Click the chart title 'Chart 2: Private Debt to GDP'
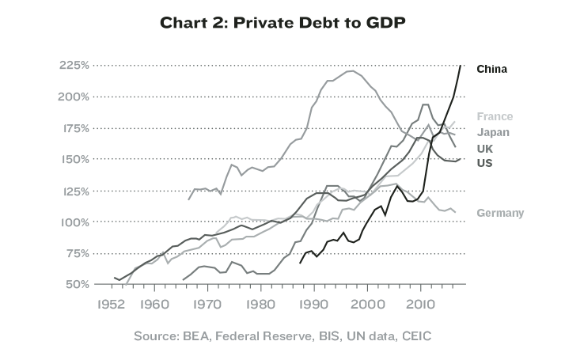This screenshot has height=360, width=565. point(282,23)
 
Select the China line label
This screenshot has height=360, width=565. point(491,69)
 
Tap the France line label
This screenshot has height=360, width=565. point(495,116)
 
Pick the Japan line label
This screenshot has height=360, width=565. point(493,132)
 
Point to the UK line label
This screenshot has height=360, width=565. point(485,149)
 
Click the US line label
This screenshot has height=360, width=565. point(485,163)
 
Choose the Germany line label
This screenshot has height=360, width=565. point(500,213)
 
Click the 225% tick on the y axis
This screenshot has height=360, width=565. point(74,65)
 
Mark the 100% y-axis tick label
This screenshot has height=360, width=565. point(74,222)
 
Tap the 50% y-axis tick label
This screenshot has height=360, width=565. point(77,284)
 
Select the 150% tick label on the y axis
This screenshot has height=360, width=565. point(74,159)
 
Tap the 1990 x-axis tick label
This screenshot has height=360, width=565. point(313,304)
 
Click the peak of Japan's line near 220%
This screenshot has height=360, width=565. point(349,71)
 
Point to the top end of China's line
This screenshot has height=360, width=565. point(460,65)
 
